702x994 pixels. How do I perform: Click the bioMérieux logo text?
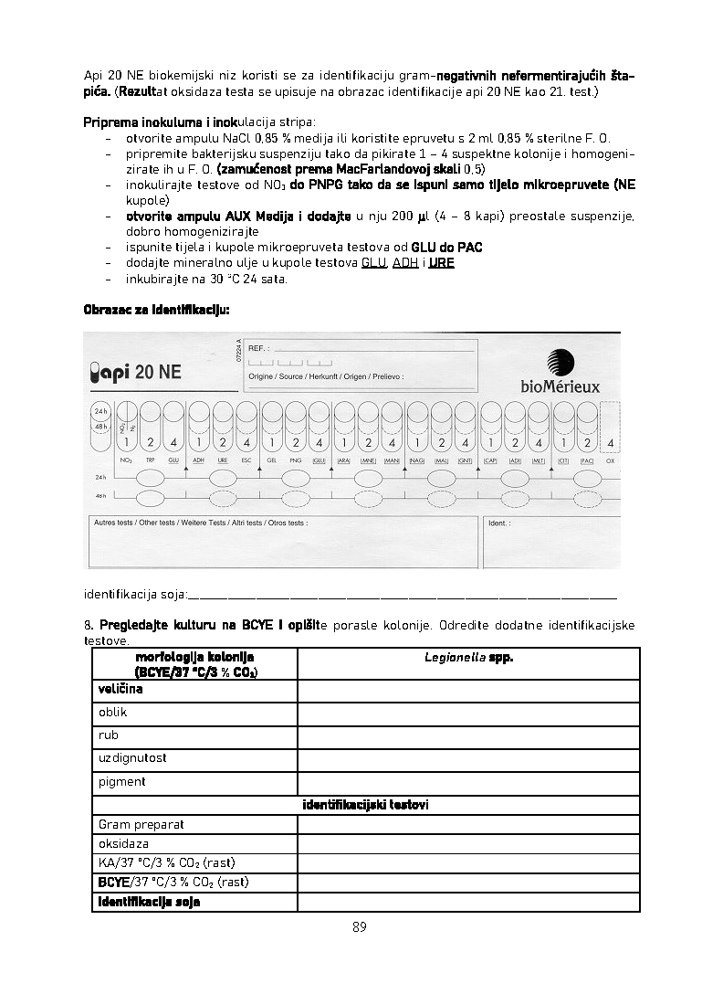click(561, 386)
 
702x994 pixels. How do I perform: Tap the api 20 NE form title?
click(136, 372)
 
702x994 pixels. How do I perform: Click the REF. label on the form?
click(258, 349)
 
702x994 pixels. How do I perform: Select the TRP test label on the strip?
click(151, 460)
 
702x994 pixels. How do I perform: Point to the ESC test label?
click(246, 460)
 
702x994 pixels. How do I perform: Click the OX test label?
click(611, 460)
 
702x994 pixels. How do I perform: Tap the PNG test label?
click(295, 460)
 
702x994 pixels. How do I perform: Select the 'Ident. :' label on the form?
click(499, 523)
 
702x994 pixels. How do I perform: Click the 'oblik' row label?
click(112, 713)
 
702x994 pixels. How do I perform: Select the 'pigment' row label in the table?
click(122, 782)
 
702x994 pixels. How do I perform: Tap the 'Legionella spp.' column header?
click(468, 658)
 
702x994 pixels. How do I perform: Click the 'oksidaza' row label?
click(123, 844)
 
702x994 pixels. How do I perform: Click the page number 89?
click(359, 926)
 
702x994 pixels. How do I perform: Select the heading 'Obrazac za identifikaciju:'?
click(157, 310)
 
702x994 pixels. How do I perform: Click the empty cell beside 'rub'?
click(468, 735)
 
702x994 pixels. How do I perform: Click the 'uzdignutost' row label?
click(132, 758)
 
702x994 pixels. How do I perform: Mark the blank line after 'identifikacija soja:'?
click(402, 595)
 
